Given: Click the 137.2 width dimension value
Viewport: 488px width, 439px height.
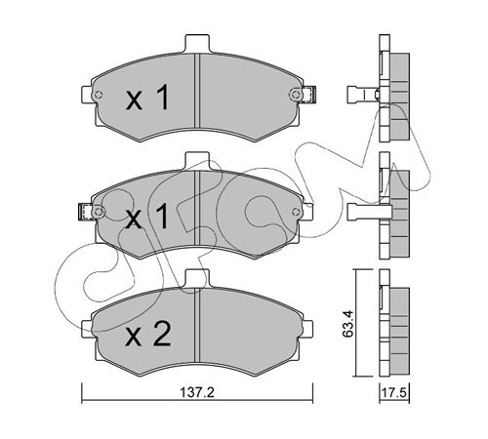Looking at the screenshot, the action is [197, 393].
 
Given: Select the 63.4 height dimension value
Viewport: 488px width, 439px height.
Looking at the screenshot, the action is [348, 323].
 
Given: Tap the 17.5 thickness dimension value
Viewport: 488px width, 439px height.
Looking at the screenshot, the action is [394, 393].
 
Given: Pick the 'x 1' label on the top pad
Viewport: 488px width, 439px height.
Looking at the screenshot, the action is [148, 97].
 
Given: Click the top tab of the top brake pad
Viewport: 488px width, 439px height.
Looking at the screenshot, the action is [197, 44].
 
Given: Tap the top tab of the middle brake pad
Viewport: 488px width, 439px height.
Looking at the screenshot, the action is [197, 162].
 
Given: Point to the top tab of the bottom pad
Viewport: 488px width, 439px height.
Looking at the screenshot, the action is [197, 279].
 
